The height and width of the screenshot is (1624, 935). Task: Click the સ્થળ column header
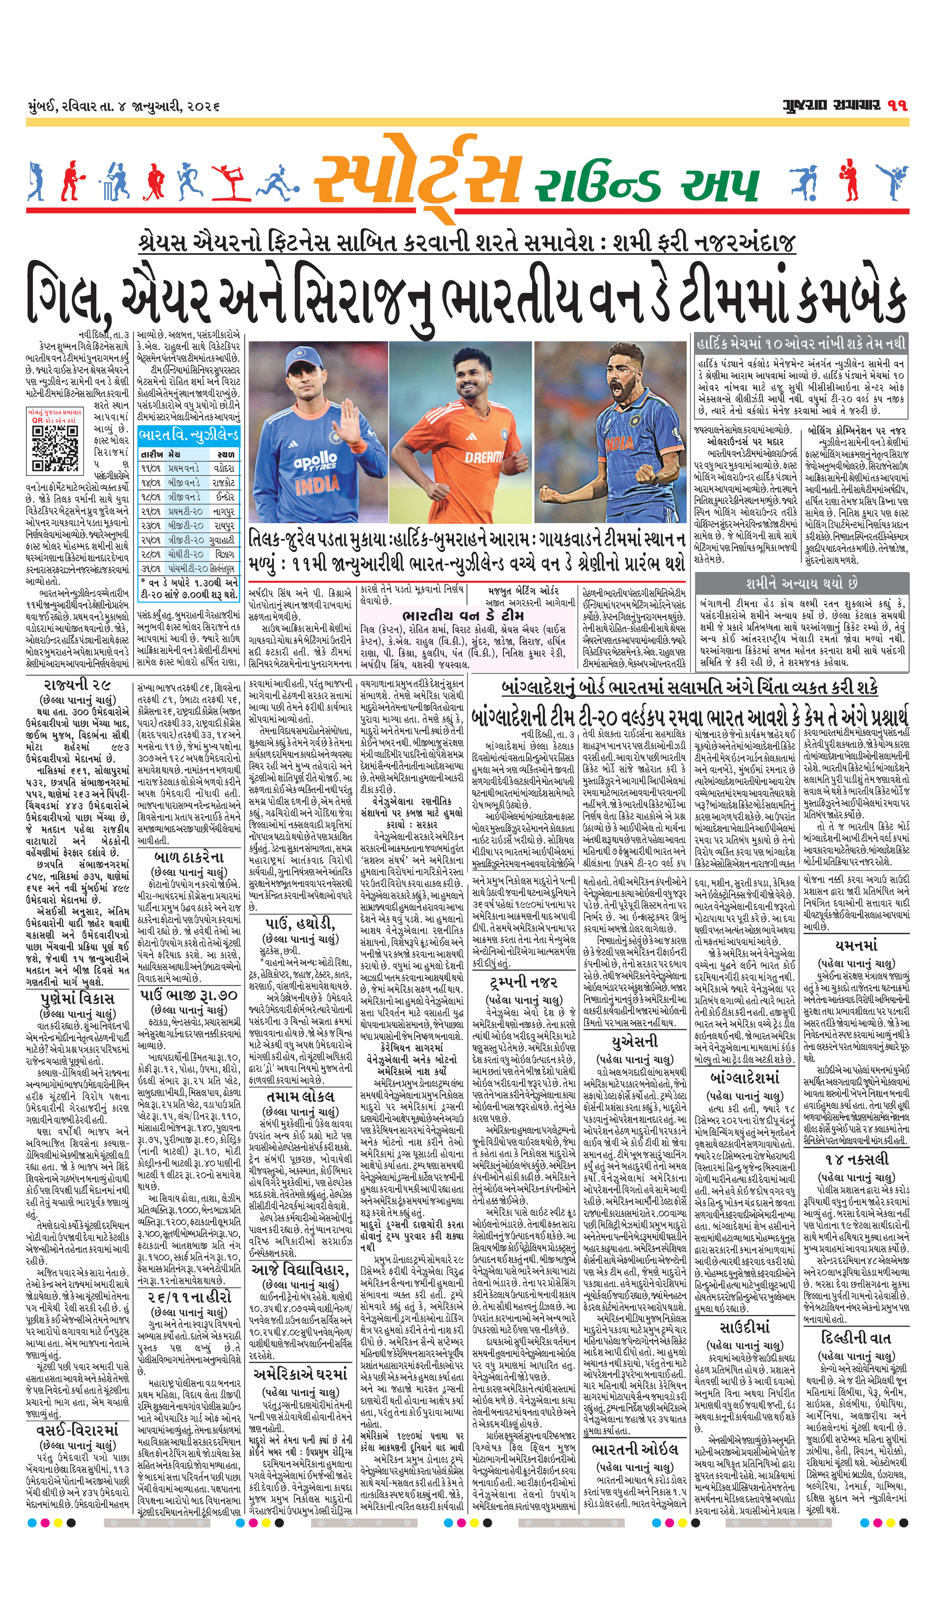point(225,453)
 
